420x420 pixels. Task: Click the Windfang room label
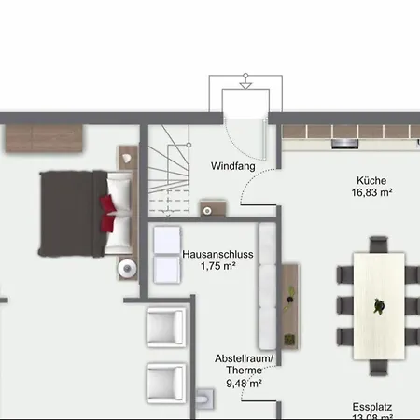(233, 166)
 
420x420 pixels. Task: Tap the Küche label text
(371, 180)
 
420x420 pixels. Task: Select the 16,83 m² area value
(371, 192)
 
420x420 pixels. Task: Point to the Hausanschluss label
(217, 254)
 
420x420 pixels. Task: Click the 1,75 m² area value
(217, 266)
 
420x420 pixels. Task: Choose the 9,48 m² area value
(244, 384)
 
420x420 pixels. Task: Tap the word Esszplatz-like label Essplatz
(372, 407)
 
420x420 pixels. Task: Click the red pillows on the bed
(107, 214)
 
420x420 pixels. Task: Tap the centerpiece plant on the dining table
(379, 305)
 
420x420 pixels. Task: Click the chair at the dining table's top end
(379, 245)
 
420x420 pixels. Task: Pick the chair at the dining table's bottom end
(379, 368)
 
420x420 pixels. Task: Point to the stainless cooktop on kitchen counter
(344, 144)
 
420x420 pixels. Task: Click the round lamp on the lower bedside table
(127, 268)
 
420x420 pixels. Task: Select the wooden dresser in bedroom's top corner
(44, 138)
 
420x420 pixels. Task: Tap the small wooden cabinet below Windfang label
(213, 208)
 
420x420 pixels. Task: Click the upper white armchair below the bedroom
(166, 327)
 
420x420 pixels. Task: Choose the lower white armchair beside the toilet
(166, 383)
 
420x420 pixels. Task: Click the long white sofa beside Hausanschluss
(268, 287)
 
